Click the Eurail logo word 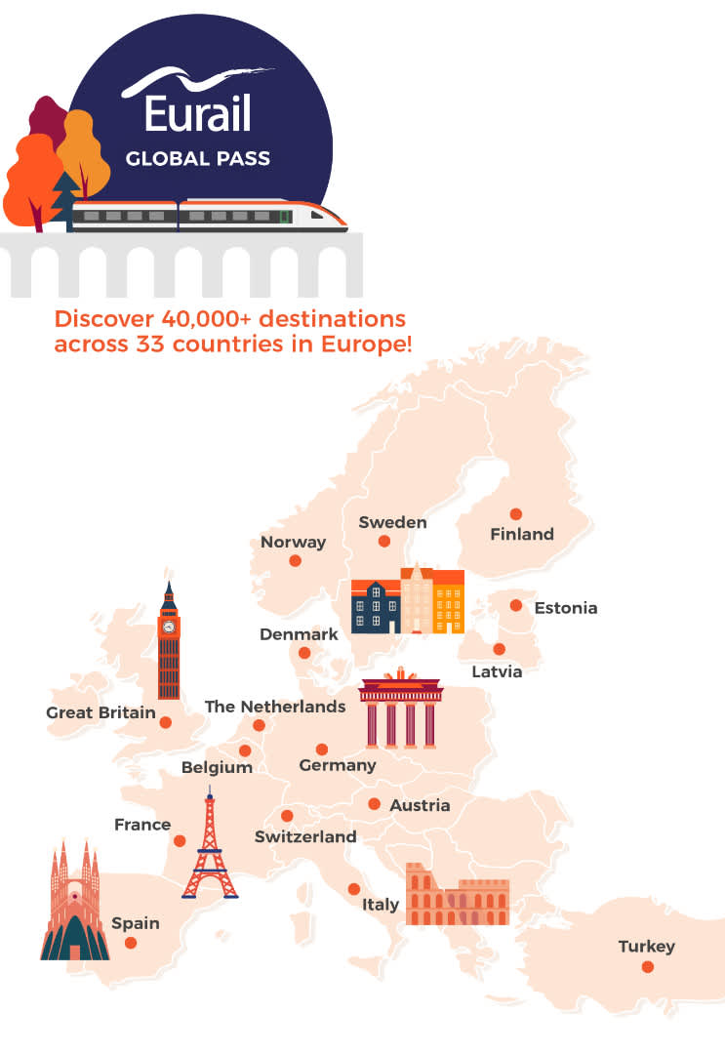click(198, 112)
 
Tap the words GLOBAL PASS click(198, 158)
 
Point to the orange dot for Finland click(515, 514)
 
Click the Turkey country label click(646, 946)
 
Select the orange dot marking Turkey click(647, 967)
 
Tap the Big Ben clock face click(170, 627)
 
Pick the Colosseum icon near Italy click(457, 894)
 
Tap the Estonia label click(565, 608)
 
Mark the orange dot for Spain click(131, 943)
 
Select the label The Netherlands click(275, 706)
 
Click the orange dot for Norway click(295, 561)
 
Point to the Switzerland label click(305, 836)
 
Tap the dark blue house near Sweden click(376, 607)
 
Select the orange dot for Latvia click(500, 649)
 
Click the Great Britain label click(101, 712)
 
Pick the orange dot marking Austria click(374, 804)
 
